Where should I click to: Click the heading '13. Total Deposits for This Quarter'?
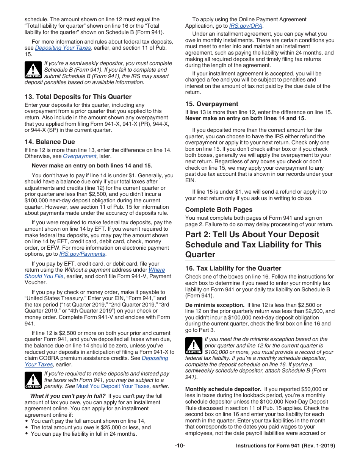click(x=78, y=97)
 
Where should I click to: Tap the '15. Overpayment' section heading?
click(x=211, y=104)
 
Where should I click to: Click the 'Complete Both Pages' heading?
click(x=219, y=210)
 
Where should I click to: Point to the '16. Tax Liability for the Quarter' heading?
click(x=233, y=268)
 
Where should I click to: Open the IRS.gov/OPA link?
click(x=246, y=26)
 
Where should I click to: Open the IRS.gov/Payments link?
click(x=82, y=254)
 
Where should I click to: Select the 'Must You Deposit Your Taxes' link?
click(x=113, y=386)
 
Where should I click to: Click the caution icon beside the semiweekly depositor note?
click(x=33, y=70)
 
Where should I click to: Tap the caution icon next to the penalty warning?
click(x=33, y=380)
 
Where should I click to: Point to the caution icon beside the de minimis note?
click(x=194, y=346)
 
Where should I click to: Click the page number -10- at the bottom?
click(x=180, y=446)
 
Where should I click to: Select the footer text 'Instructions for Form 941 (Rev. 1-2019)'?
click(x=285, y=446)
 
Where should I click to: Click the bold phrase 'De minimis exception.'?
click(x=214, y=305)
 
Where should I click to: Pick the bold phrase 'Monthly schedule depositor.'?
click(x=223, y=389)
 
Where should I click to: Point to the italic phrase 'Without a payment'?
click(x=87, y=270)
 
